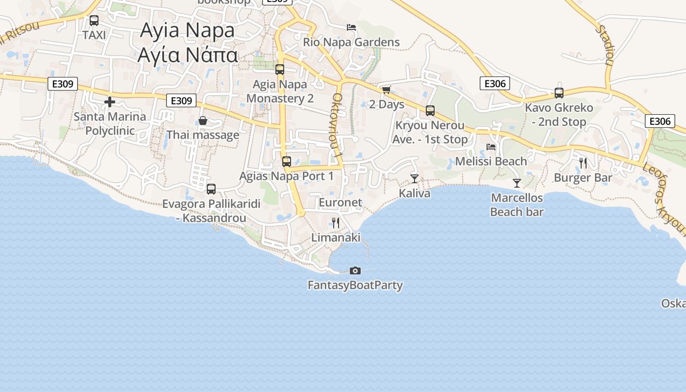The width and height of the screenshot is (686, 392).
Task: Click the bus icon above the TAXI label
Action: click(x=94, y=21)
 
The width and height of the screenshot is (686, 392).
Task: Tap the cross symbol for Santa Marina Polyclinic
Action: click(x=110, y=102)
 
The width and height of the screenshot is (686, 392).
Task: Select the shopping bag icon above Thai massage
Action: click(x=203, y=121)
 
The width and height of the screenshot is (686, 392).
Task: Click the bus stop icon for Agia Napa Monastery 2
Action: click(x=280, y=70)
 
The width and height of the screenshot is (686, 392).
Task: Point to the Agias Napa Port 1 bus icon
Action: click(x=287, y=161)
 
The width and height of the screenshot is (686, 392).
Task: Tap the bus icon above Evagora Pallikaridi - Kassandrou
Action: click(x=211, y=189)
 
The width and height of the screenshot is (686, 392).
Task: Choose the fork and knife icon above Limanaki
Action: click(x=336, y=223)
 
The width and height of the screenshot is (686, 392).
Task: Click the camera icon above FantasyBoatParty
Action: click(x=355, y=270)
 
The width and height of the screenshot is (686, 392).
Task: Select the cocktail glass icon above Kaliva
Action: click(x=415, y=179)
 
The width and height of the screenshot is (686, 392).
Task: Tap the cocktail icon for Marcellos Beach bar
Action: click(x=517, y=183)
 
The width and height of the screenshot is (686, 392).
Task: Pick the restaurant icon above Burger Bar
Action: click(x=583, y=163)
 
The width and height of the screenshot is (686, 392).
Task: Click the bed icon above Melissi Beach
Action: click(x=491, y=147)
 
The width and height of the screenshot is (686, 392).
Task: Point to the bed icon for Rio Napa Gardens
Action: click(x=351, y=27)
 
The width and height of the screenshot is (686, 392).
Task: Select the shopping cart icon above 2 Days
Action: click(x=386, y=90)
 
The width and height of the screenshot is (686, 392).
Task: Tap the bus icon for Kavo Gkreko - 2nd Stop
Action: click(x=559, y=93)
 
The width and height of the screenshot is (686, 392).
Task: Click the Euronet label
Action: click(x=341, y=202)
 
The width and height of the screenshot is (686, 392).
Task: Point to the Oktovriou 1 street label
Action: click(x=338, y=125)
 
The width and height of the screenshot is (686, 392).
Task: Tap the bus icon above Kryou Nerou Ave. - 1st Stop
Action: click(x=430, y=111)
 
